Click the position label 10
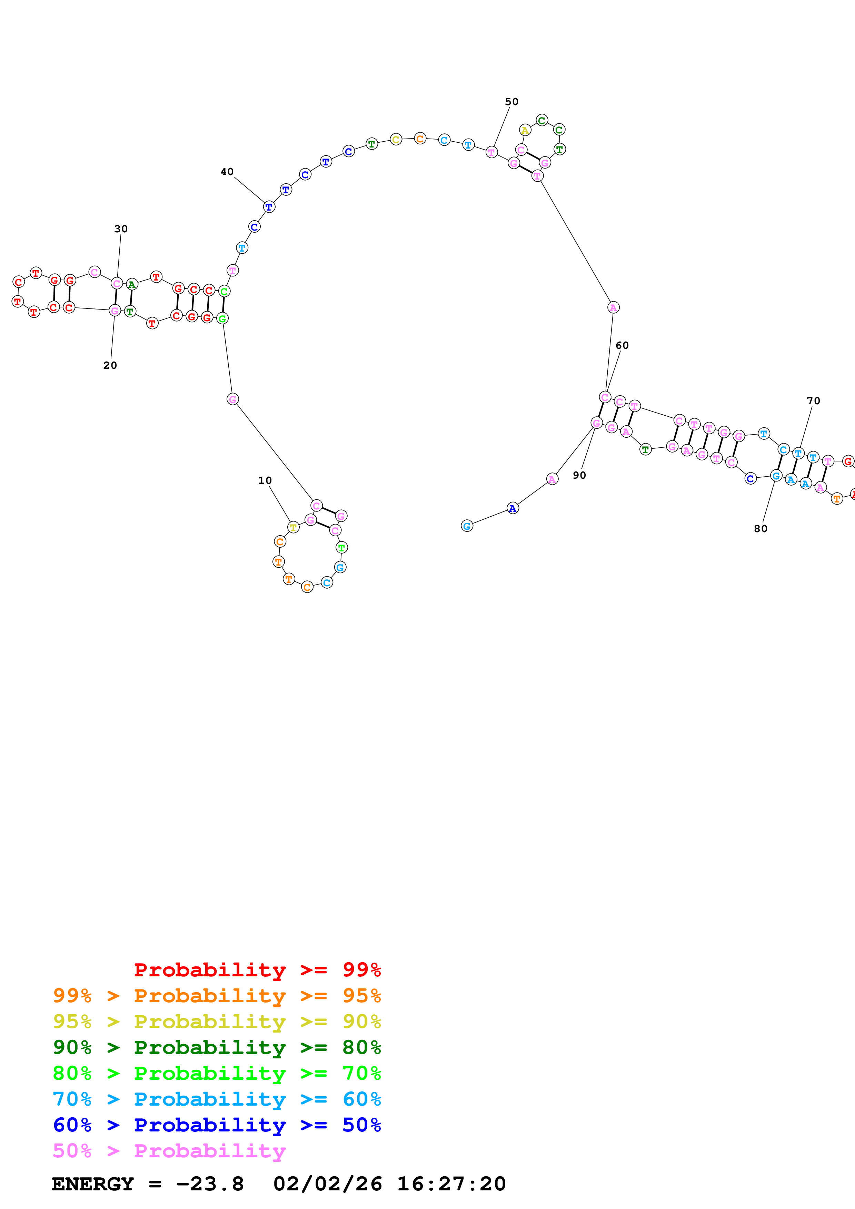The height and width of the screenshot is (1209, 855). pos(265,480)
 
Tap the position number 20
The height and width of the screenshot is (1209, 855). pos(110,365)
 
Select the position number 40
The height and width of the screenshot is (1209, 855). pos(227,172)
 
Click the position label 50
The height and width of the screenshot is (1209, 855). pos(511,102)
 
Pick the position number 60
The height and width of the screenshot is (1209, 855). pos(622,345)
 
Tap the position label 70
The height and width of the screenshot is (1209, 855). pos(813,401)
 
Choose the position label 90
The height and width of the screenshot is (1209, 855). pos(579,475)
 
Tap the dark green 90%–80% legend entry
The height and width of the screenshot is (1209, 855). pos(217,1047)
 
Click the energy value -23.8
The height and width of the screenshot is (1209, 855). pos(210,1184)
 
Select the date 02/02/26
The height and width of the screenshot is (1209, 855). pos(328,1184)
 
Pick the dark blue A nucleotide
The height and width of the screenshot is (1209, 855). pos(513,508)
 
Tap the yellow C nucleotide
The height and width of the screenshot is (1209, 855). pos(396,140)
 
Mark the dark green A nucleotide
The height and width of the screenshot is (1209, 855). pos(132,285)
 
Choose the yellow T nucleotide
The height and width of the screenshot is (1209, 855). pos(294,527)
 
